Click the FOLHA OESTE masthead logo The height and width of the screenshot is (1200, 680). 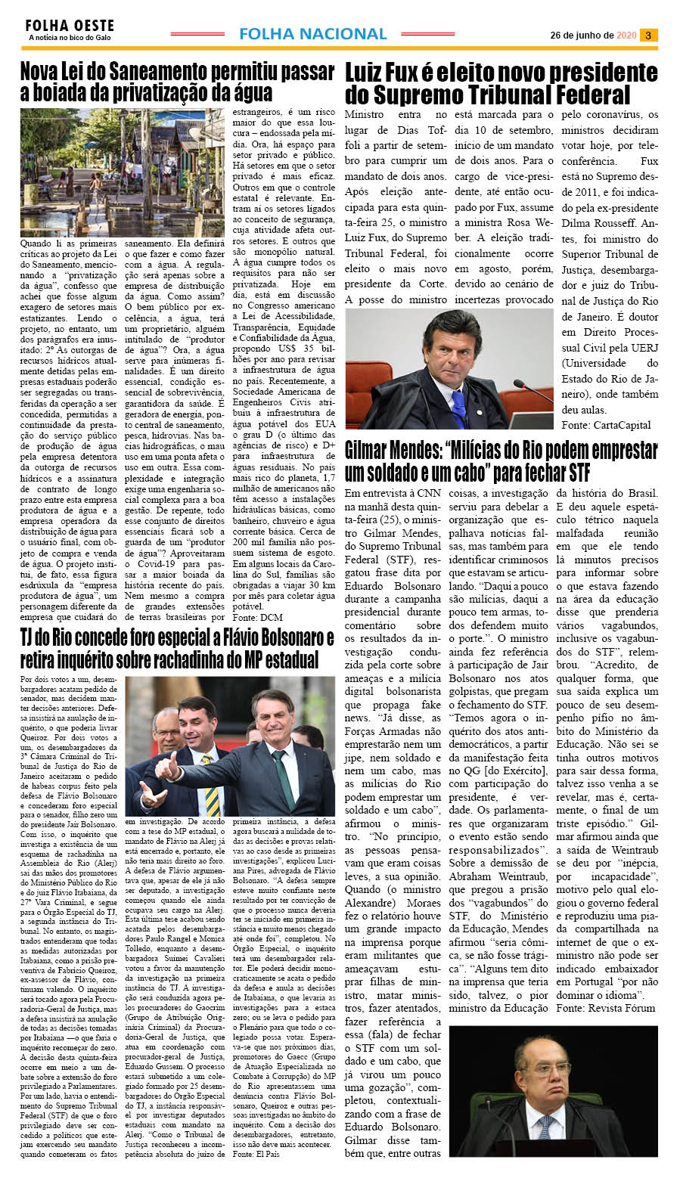click(69, 25)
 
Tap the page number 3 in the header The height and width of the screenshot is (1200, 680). click(648, 35)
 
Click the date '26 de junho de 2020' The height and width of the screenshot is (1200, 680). click(593, 36)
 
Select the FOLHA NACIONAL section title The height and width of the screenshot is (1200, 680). click(312, 34)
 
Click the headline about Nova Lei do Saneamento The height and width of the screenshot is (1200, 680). click(177, 82)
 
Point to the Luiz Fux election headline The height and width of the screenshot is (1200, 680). click(501, 84)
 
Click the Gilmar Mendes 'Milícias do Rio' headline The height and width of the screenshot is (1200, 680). click(501, 461)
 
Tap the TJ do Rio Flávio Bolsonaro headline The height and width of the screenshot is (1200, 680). click(177, 648)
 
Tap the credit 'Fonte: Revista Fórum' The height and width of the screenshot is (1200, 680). click(605, 1008)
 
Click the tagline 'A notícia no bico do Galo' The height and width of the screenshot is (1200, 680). click(70, 37)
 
